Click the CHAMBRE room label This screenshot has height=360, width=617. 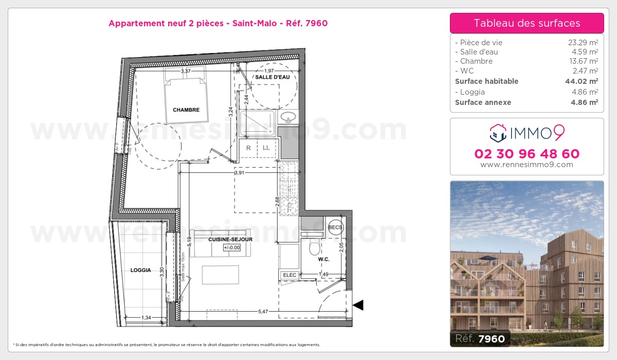[186, 110]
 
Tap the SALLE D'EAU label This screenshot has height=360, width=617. [273, 77]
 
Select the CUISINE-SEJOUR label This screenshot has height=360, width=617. [230, 240]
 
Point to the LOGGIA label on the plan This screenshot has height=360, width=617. [140, 270]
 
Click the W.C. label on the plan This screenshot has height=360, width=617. [323, 259]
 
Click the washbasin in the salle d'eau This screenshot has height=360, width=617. [288, 118]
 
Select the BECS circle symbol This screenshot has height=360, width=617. [335, 227]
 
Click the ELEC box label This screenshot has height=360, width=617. [289, 275]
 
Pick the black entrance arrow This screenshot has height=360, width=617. [358, 305]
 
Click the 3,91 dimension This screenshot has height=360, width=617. [239, 173]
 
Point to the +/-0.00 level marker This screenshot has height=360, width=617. [232, 247]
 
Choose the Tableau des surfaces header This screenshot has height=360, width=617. [527, 23]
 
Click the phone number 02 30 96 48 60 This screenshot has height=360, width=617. [527, 154]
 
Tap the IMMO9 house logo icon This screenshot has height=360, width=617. [498, 133]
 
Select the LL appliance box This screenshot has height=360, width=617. [266, 148]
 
